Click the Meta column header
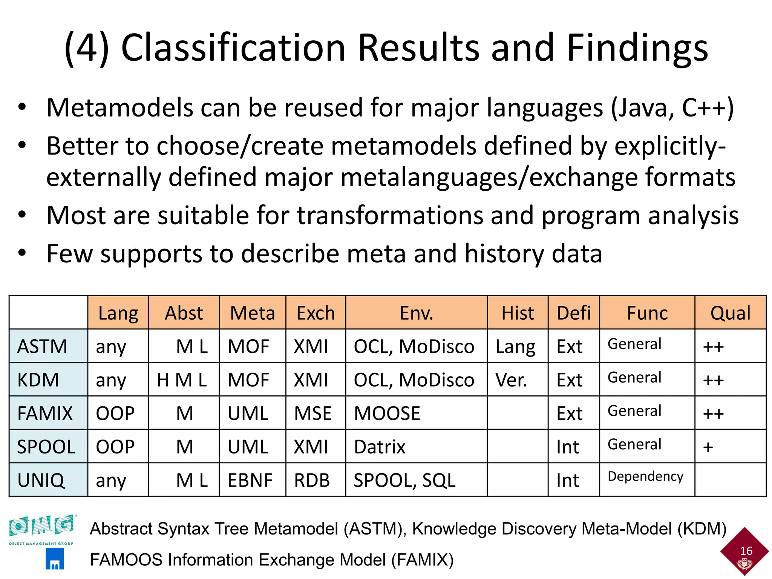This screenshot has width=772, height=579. pos(252,313)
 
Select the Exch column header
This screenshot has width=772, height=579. pos(316,313)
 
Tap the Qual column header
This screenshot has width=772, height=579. pos(730,313)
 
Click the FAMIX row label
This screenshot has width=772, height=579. pos(45,413)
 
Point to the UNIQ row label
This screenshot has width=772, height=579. pos(41,480)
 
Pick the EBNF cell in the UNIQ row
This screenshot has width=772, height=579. pos(250,480)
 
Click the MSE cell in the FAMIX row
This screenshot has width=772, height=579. pos(313,413)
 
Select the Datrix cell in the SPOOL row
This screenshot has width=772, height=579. pos(380,447)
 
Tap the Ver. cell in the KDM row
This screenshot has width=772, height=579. pos(511,380)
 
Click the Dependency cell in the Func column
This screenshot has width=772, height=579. pos(645,476)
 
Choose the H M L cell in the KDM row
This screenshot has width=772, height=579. pos(182,380)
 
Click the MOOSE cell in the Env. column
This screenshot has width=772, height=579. pos(387,413)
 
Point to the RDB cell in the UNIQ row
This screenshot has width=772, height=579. pos(312,480)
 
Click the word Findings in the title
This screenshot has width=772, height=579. pos(637,48)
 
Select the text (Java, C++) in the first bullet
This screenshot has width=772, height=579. pos(672,108)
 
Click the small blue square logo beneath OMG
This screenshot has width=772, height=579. pos(55,559)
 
